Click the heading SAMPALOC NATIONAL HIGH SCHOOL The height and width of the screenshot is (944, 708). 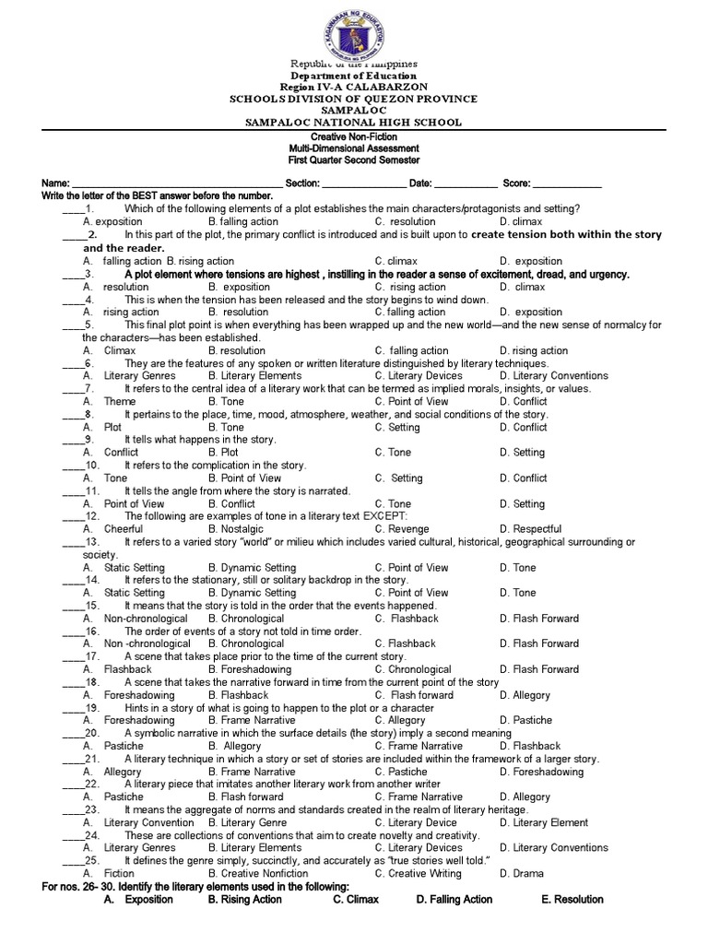(354, 123)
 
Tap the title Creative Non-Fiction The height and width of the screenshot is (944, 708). (354, 136)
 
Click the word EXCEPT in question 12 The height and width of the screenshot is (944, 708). (385, 516)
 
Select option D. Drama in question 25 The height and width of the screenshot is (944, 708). (522, 873)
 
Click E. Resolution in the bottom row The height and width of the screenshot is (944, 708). (572, 899)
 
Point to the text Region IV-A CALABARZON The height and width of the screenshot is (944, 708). (354, 87)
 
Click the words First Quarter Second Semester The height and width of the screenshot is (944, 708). (354, 160)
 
